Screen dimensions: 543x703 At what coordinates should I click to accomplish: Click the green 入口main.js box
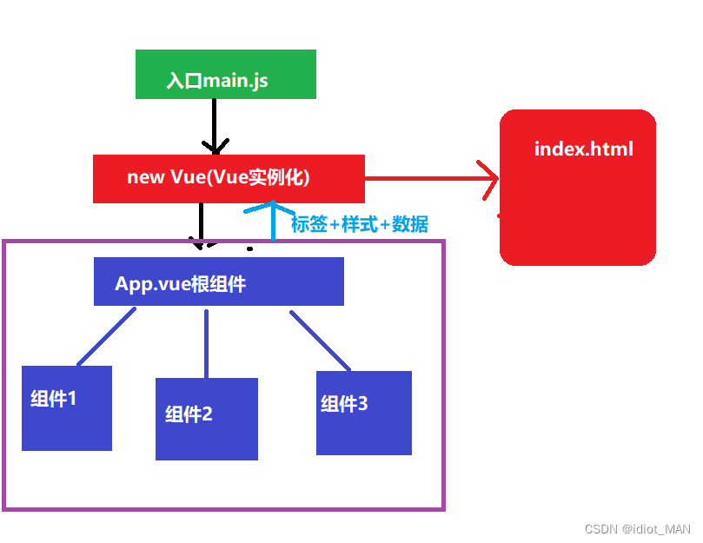[225, 74]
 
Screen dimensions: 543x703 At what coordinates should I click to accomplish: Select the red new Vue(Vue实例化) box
[228, 179]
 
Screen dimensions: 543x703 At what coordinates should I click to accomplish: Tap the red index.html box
[577, 187]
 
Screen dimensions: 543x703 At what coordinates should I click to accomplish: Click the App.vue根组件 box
[218, 281]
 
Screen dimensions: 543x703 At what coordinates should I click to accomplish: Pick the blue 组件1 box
[67, 408]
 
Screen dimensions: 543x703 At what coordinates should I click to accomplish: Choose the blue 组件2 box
[206, 419]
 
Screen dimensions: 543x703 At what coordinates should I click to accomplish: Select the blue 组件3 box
[363, 413]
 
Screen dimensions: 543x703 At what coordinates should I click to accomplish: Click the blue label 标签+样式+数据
[360, 224]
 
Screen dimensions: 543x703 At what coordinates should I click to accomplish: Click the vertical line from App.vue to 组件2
[206, 342]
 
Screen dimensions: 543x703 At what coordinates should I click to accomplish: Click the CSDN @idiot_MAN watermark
[637, 529]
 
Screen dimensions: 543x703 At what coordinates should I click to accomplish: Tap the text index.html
[583, 149]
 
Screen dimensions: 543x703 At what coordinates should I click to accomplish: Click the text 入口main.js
[217, 82]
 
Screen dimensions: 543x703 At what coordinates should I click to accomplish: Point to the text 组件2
[189, 414]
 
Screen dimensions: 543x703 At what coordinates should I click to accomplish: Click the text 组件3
[344, 404]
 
